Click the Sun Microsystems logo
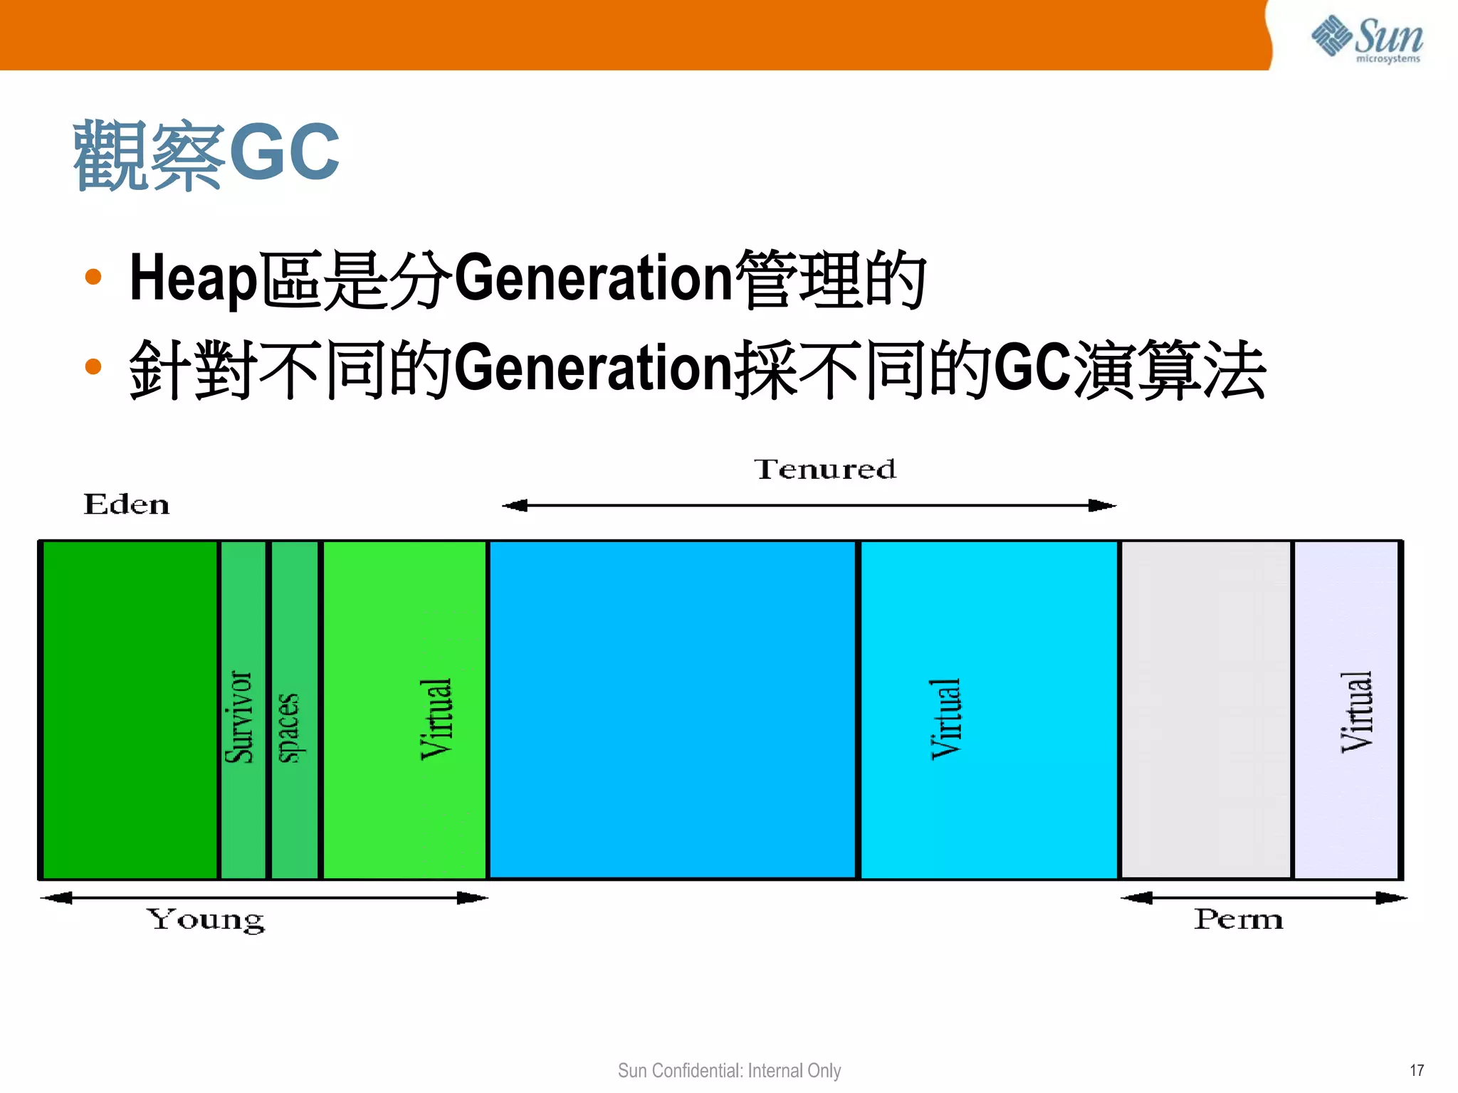pos(1367,39)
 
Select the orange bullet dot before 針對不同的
pos(93,366)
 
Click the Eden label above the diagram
pos(127,504)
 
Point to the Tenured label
pos(824,470)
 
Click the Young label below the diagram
pos(205,919)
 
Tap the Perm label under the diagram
pos(1239,919)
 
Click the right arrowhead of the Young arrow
pos(473,898)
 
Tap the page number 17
pos(1417,1070)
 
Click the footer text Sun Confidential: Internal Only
pos(729,1070)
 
